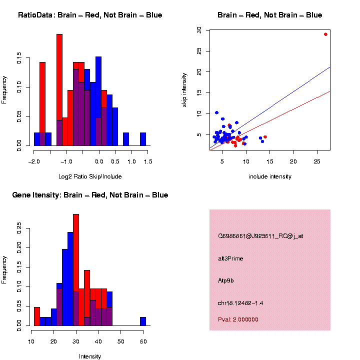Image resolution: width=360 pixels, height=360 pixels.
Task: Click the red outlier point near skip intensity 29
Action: [x=325, y=34]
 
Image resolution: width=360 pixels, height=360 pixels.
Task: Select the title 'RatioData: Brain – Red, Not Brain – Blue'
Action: [x=90, y=15]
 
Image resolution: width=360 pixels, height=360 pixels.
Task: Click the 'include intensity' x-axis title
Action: [x=270, y=176]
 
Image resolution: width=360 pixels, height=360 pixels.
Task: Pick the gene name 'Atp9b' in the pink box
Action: [x=226, y=280]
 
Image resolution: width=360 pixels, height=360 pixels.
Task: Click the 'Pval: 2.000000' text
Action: [x=238, y=319]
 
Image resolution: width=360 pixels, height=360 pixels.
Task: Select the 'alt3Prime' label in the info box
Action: [x=230, y=258]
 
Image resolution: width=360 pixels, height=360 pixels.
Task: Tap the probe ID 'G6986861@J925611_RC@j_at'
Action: [x=260, y=236]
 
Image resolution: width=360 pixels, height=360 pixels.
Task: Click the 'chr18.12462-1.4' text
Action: [x=241, y=303]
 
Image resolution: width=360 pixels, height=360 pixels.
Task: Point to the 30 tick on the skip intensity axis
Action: [x=199, y=30]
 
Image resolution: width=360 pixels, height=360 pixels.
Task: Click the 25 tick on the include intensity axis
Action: [x=316, y=161]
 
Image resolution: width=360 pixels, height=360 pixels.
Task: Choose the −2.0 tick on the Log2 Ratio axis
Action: [x=34, y=161]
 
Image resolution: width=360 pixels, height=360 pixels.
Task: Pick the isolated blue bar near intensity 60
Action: [x=143, y=321]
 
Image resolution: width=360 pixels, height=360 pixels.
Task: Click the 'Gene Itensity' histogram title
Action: [x=90, y=195]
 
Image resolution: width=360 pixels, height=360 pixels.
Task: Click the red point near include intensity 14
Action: [x=265, y=137]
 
